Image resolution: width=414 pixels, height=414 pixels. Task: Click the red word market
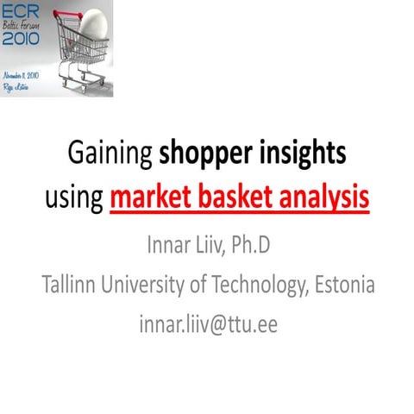pyautogui.click(x=153, y=198)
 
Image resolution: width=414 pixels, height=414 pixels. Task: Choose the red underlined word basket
pyautogui.click(x=237, y=198)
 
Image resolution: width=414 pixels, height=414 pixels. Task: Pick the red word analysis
pyautogui.click(x=324, y=198)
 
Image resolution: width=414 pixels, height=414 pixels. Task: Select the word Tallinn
pyautogui.click(x=73, y=284)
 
